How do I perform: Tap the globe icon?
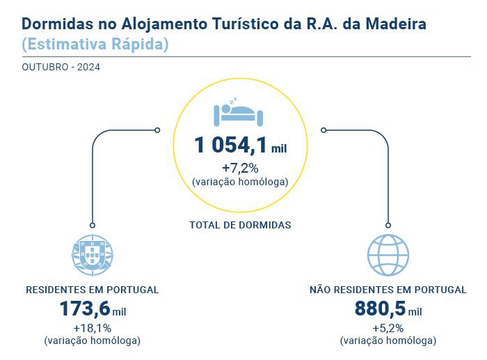coord(388,256)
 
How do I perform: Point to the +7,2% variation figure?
coord(240,168)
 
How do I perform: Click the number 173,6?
coord(85,308)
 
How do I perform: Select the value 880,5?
coord(380,308)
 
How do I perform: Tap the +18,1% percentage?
coord(92,328)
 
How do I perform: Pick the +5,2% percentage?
coord(388,328)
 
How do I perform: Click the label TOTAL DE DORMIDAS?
coord(240,225)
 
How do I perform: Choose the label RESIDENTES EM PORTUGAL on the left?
coord(93,289)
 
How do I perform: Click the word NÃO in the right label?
coord(321,289)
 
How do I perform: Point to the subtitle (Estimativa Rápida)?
coord(95,44)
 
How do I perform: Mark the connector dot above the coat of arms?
coord(92,225)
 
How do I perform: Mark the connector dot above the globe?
coord(388,225)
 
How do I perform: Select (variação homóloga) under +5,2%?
coord(388,341)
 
